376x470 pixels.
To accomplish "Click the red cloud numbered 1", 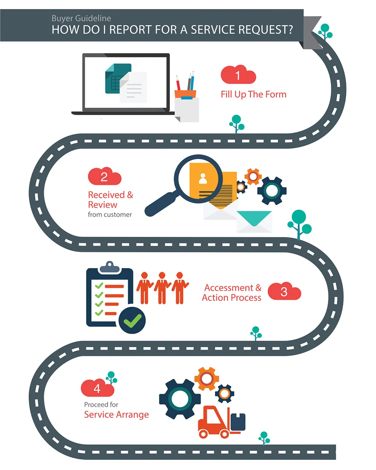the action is click(x=238, y=75).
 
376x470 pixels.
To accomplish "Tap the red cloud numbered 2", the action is click(x=105, y=176).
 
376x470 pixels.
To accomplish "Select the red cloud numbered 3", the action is click(x=284, y=291).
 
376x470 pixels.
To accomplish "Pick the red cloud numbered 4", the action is click(x=97, y=388).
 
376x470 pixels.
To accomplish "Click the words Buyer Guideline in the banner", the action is click(x=81, y=18).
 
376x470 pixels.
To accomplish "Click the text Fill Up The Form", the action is click(x=253, y=94).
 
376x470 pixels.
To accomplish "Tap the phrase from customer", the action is click(x=110, y=214).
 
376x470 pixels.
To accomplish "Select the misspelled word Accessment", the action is click(x=229, y=288).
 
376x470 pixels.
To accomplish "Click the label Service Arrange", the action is click(x=117, y=414).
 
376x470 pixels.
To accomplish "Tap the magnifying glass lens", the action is click(x=198, y=179).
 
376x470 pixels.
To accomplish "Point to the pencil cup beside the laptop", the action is click(x=185, y=94).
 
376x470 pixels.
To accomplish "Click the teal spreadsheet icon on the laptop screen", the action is click(x=118, y=79).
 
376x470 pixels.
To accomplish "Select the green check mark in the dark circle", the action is click(x=132, y=321).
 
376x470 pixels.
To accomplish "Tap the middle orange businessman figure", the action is click(x=162, y=288).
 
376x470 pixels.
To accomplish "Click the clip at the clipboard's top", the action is click(x=109, y=267).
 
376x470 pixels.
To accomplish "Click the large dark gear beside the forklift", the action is click(x=180, y=399).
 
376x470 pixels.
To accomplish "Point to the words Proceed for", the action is click(x=101, y=405).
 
